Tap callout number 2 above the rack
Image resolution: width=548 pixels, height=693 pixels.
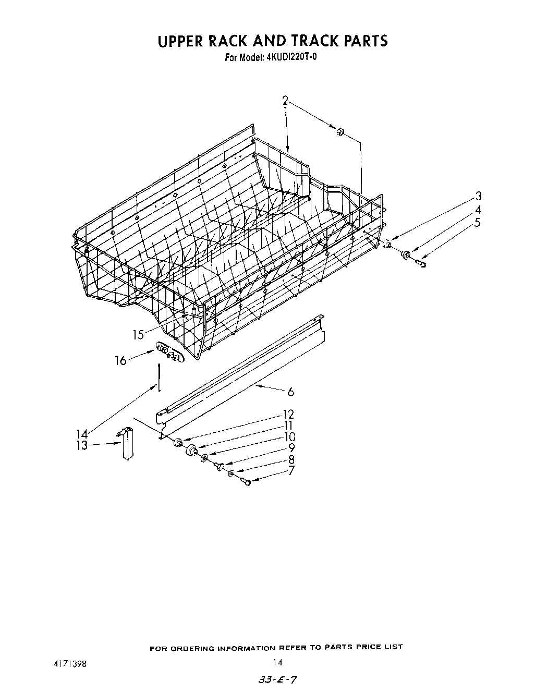pyautogui.click(x=285, y=101)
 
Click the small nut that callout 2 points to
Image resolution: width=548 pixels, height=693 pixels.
pyautogui.click(x=339, y=132)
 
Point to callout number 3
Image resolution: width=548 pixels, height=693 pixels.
pyautogui.click(x=478, y=197)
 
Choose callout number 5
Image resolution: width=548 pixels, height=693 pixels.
pyautogui.click(x=478, y=223)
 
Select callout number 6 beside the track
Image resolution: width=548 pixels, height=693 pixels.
pyautogui.click(x=291, y=392)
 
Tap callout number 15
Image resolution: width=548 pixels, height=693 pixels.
pyautogui.click(x=138, y=335)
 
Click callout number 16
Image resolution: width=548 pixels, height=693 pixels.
pyautogui.click(x=120, y=360)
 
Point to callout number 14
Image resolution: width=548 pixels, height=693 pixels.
pyautogui.click(x=82, y=434)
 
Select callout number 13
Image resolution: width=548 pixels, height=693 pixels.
pyautogui.click(x=82, y=446)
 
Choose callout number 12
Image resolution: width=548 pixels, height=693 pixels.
pyautogui.click(x=288, y=415)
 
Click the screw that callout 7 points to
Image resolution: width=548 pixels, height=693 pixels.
pyautogui.click(x=247, y=483)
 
